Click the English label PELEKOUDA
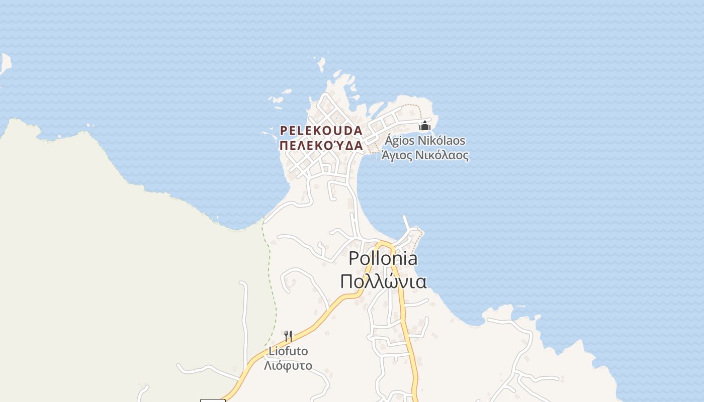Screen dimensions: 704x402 pos(321,131)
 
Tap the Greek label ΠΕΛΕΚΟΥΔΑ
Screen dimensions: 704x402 pos(321,146)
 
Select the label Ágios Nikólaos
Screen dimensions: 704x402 pos(425,140)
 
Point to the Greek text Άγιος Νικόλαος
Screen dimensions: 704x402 pos(425,155)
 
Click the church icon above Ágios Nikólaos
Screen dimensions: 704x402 pos(425,125)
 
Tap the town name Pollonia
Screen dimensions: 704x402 pos(383,258)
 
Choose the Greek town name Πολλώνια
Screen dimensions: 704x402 pos(383,281)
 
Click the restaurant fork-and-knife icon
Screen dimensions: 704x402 pos(288,336)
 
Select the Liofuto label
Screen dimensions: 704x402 pos(288,351)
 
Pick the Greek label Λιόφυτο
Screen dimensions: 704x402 pos(288,365)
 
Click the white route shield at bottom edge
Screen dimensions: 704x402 pos(213,400)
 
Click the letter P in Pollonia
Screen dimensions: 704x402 pos(354,258)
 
